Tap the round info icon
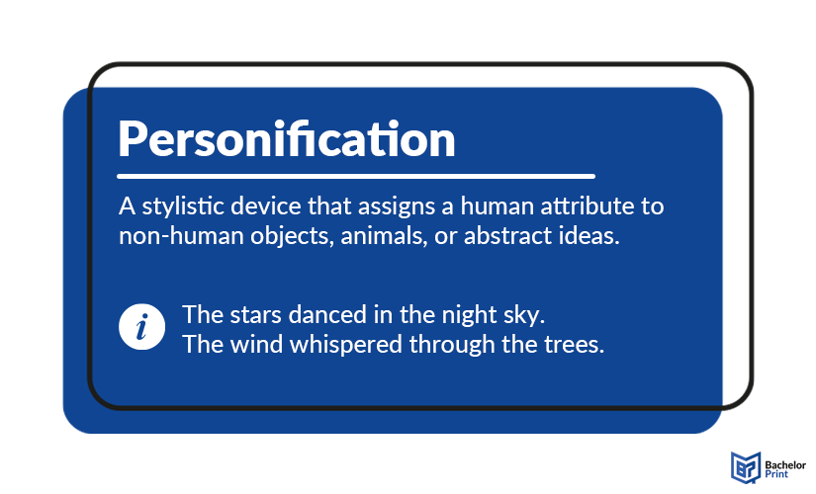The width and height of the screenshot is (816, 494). pyautogui.click(x=141, y=328)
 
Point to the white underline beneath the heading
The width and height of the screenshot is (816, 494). pyautogui.click(x=356, y=177)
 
